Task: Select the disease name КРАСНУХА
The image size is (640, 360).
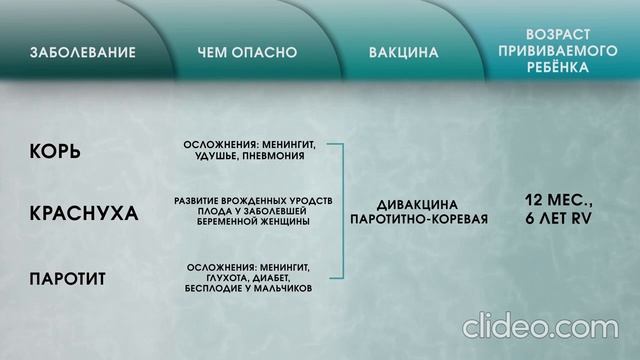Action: (x=83, y=214)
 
